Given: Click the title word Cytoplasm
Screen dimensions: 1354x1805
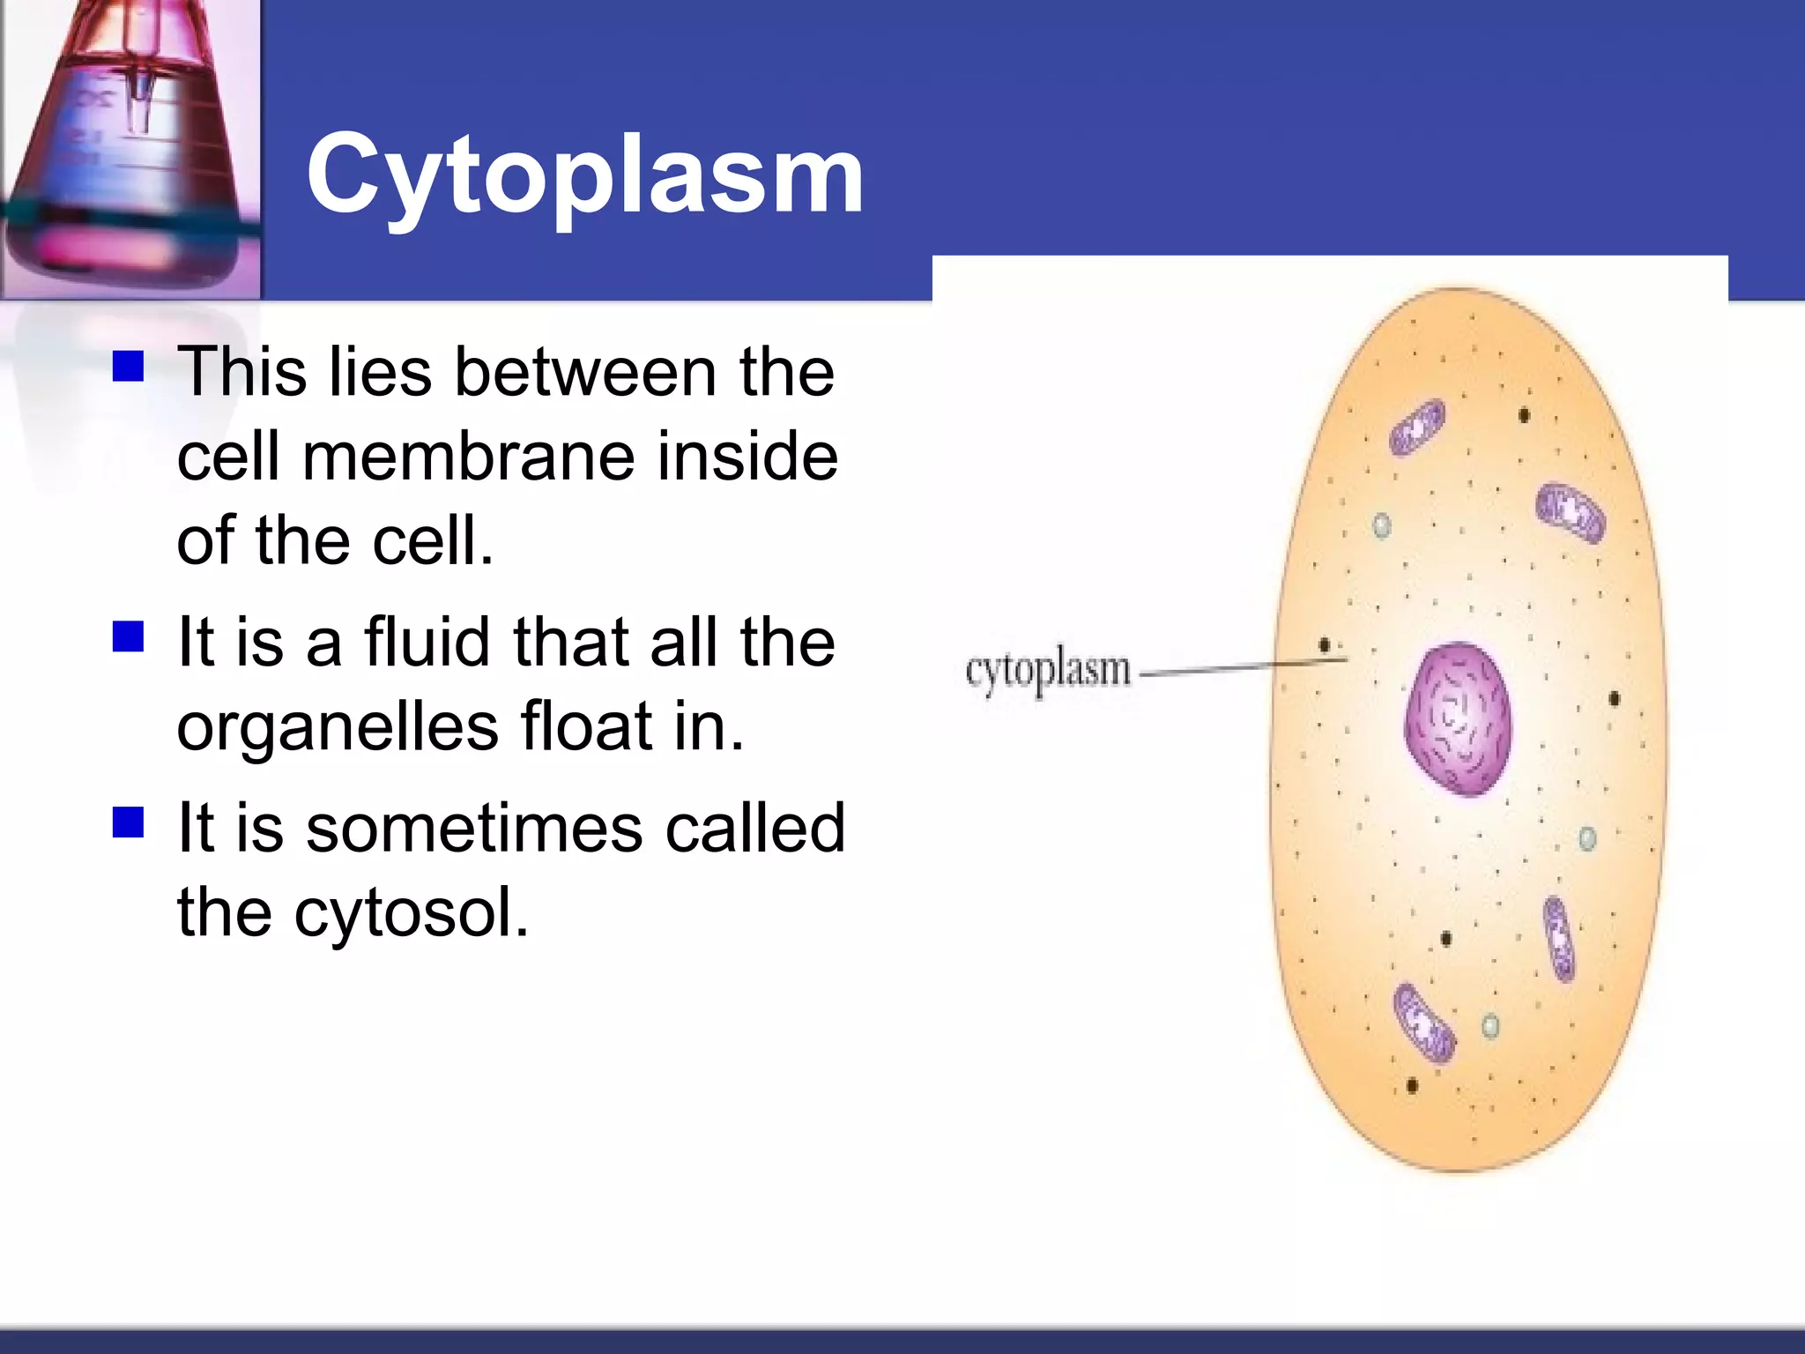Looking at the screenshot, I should (x=584, y=175).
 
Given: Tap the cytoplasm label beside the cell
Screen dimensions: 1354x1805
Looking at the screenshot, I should (x=1047, y=672).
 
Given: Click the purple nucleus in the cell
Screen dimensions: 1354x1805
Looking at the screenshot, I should (x=1457, y=718).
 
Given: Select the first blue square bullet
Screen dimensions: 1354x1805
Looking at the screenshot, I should (x=129, y=366).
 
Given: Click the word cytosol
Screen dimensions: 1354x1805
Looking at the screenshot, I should (x=410, y=912).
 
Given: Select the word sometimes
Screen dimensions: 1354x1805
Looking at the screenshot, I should (x=474, y=829).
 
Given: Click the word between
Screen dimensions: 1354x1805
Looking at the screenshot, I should (x=585, y=373).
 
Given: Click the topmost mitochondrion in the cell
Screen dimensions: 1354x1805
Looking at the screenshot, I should (x=1418, y=427).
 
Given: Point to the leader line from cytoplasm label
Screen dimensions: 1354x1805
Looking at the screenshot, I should (x=1234, y=669).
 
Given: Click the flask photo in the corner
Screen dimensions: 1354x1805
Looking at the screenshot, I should (x=130, y=148).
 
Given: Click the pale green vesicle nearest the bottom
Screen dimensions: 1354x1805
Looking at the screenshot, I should (x=1490, y=1026).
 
